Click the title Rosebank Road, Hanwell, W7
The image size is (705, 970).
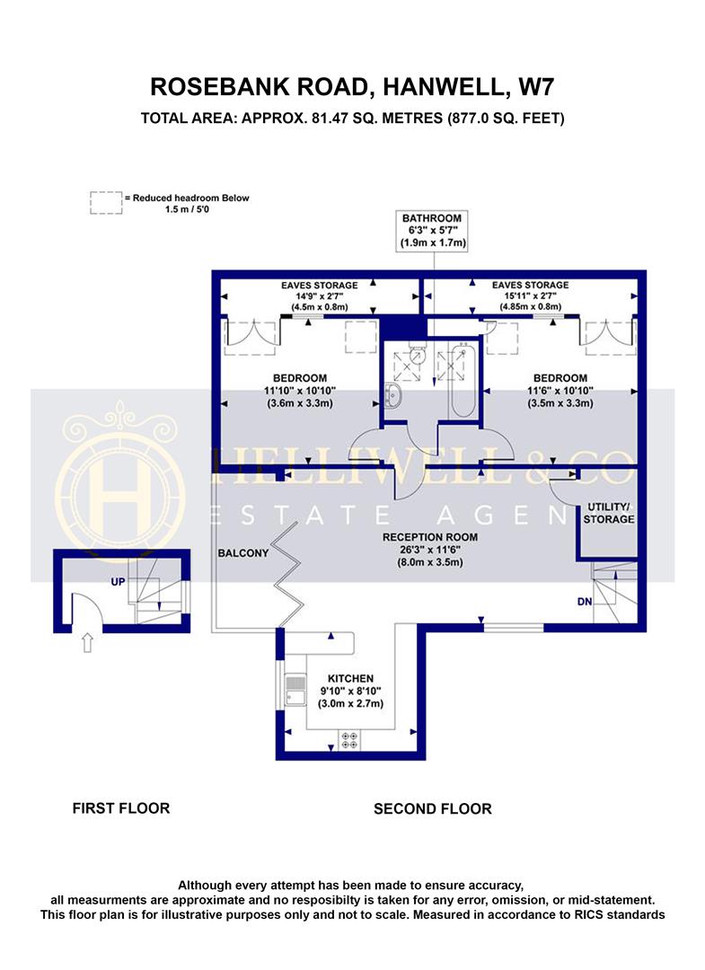click(352, 86)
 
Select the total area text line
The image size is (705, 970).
click(352, 118)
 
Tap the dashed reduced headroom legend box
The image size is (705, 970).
click(106, 203)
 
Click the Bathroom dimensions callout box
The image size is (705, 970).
click(432, 231)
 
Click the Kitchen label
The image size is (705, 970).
click(349, 692)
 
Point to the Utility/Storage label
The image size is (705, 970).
click(609, 513)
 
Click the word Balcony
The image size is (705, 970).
click(243, 553)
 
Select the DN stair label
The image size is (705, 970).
click(584, 602)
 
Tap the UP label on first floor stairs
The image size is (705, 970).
click(118, 582)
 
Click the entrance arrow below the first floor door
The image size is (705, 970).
click(86, 642)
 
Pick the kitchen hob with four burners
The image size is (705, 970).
click(349, 738)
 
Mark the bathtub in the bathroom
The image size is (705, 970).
click(463, 382)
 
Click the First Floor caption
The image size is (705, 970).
click(120, 808)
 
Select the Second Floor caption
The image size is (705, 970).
click(432, 808)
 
